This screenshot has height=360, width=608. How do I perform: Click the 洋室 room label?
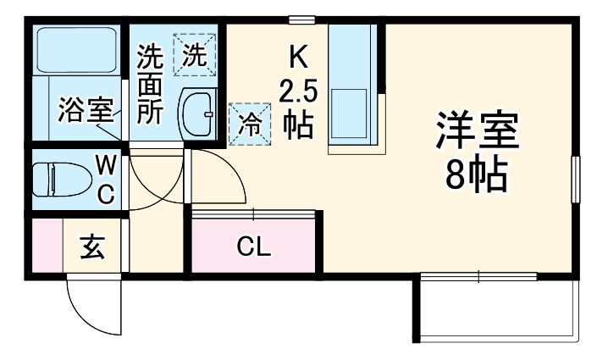click(x=477, y=131)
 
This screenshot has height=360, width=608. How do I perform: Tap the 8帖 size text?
click(x=477, y=174)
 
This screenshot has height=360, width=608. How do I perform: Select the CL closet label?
click(x=253, y=247)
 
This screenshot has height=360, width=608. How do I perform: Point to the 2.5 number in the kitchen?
click(x=297, y=89)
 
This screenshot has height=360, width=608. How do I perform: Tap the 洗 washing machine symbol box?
click(x=195, y=54)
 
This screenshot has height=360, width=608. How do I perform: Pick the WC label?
click(x=106, y=178)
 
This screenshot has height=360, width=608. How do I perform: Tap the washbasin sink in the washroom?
click(x=199, y=115)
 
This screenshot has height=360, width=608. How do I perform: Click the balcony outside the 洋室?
click(x=496, y=309)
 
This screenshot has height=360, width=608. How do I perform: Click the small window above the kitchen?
click(x=301, y=19)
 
